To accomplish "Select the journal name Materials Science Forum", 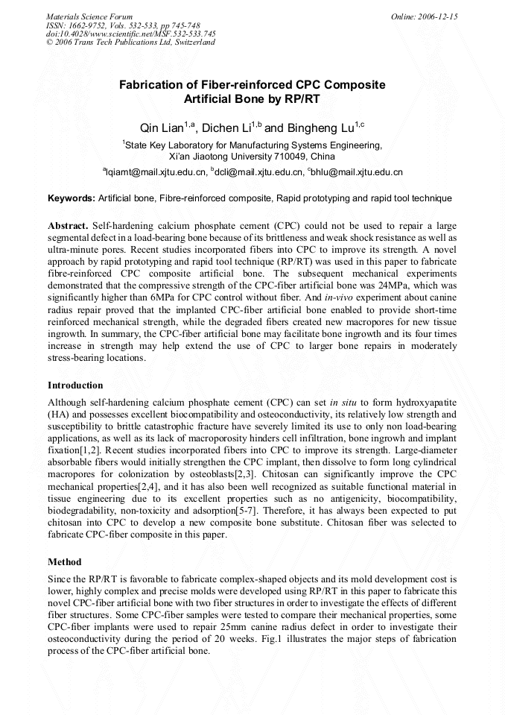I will tap(89, 16).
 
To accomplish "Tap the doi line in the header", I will tap(131, 34).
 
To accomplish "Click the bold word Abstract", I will tap(68, 224).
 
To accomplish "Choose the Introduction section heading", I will tap(75, 385).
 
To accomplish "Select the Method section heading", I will tap(64, 561).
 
